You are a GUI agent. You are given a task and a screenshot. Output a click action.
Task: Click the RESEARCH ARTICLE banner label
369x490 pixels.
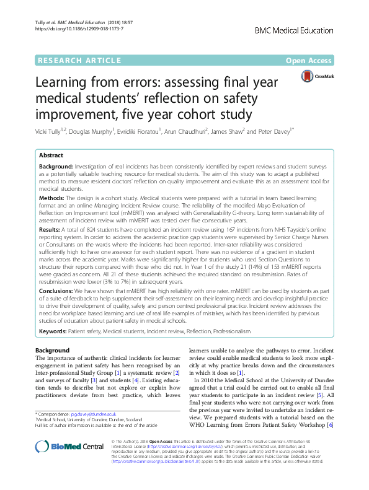click(80, 60)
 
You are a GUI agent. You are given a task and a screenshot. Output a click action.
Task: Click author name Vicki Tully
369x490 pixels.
click(53, 131)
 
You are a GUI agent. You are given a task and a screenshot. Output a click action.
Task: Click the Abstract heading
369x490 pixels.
click(53, 156)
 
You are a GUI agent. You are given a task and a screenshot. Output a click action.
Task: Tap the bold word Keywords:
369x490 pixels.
click(53, 331)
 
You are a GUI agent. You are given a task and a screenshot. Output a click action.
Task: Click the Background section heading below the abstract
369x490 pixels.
click(53, 351)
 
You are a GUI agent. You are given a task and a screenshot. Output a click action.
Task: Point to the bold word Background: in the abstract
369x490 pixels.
click(55, 168)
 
